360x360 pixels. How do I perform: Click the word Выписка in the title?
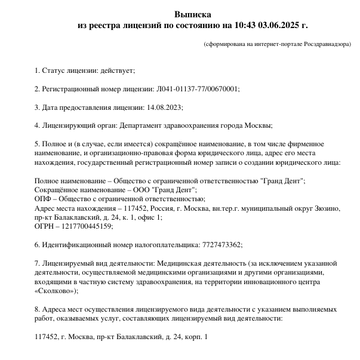192,14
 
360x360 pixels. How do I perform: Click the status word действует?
119,70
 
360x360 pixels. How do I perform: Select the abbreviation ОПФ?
43,199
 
